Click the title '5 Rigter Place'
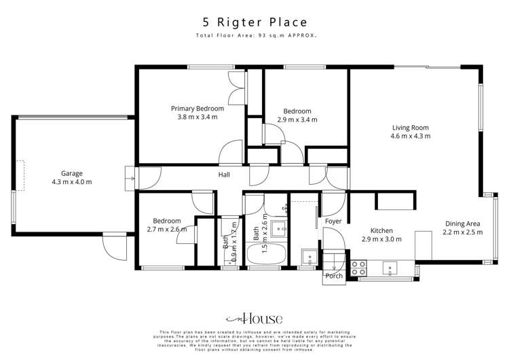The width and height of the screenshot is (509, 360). click(x=254, y=22)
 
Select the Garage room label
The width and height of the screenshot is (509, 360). click(x=71, y=173)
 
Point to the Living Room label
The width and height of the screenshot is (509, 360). click(x=410, y=127)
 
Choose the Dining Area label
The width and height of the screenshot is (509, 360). click(x=464, y=223)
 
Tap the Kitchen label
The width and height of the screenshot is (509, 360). click(x=381, y=230)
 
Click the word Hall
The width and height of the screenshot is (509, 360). click(x=224, y=175)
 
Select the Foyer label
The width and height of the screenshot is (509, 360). click(x=333, y=221)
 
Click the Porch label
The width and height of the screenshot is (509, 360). click(x=334, y=276)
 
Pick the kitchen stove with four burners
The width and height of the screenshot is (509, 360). click(x=359, y=268)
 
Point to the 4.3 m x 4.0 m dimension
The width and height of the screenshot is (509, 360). click(x=71, y=182)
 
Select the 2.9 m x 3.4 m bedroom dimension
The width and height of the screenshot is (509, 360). click(x=297, y=120)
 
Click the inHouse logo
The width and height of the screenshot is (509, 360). click(x=254, y=319)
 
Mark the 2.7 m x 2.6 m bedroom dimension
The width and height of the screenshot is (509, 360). click(x=166, y=230)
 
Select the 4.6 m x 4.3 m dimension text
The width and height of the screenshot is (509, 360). click(x=410, y=136)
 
